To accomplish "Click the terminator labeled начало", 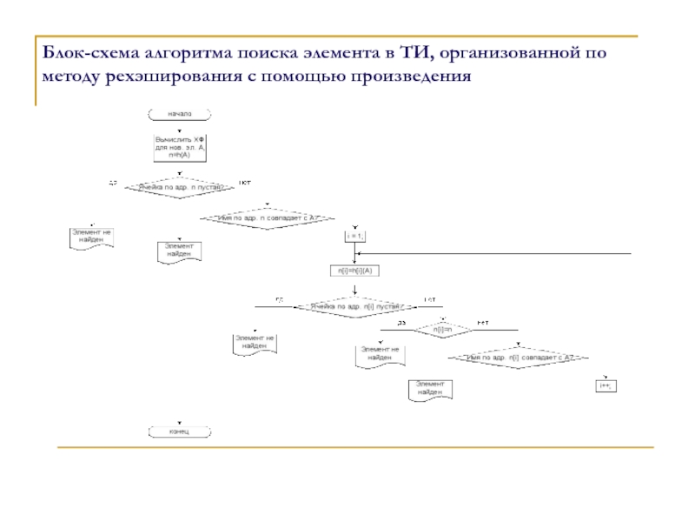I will click(x=180, y=113).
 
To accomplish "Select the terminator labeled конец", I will click(x=180, y=431).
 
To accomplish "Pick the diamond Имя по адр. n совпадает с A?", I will click(x=268, y=217).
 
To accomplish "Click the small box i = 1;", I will click(x=355, y=236).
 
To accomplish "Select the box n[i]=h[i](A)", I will click(x=355, y=271).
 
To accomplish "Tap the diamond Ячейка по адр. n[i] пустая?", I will click(x=354, y=307).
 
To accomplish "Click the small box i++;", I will click(x=606, y=385).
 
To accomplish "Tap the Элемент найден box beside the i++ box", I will click(x=429, y=389).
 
